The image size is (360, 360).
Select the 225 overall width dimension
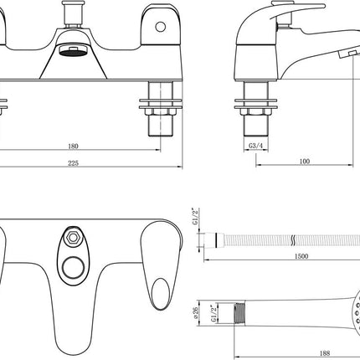(x=74, y=162)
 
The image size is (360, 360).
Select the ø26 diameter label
(x=196, y=311)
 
